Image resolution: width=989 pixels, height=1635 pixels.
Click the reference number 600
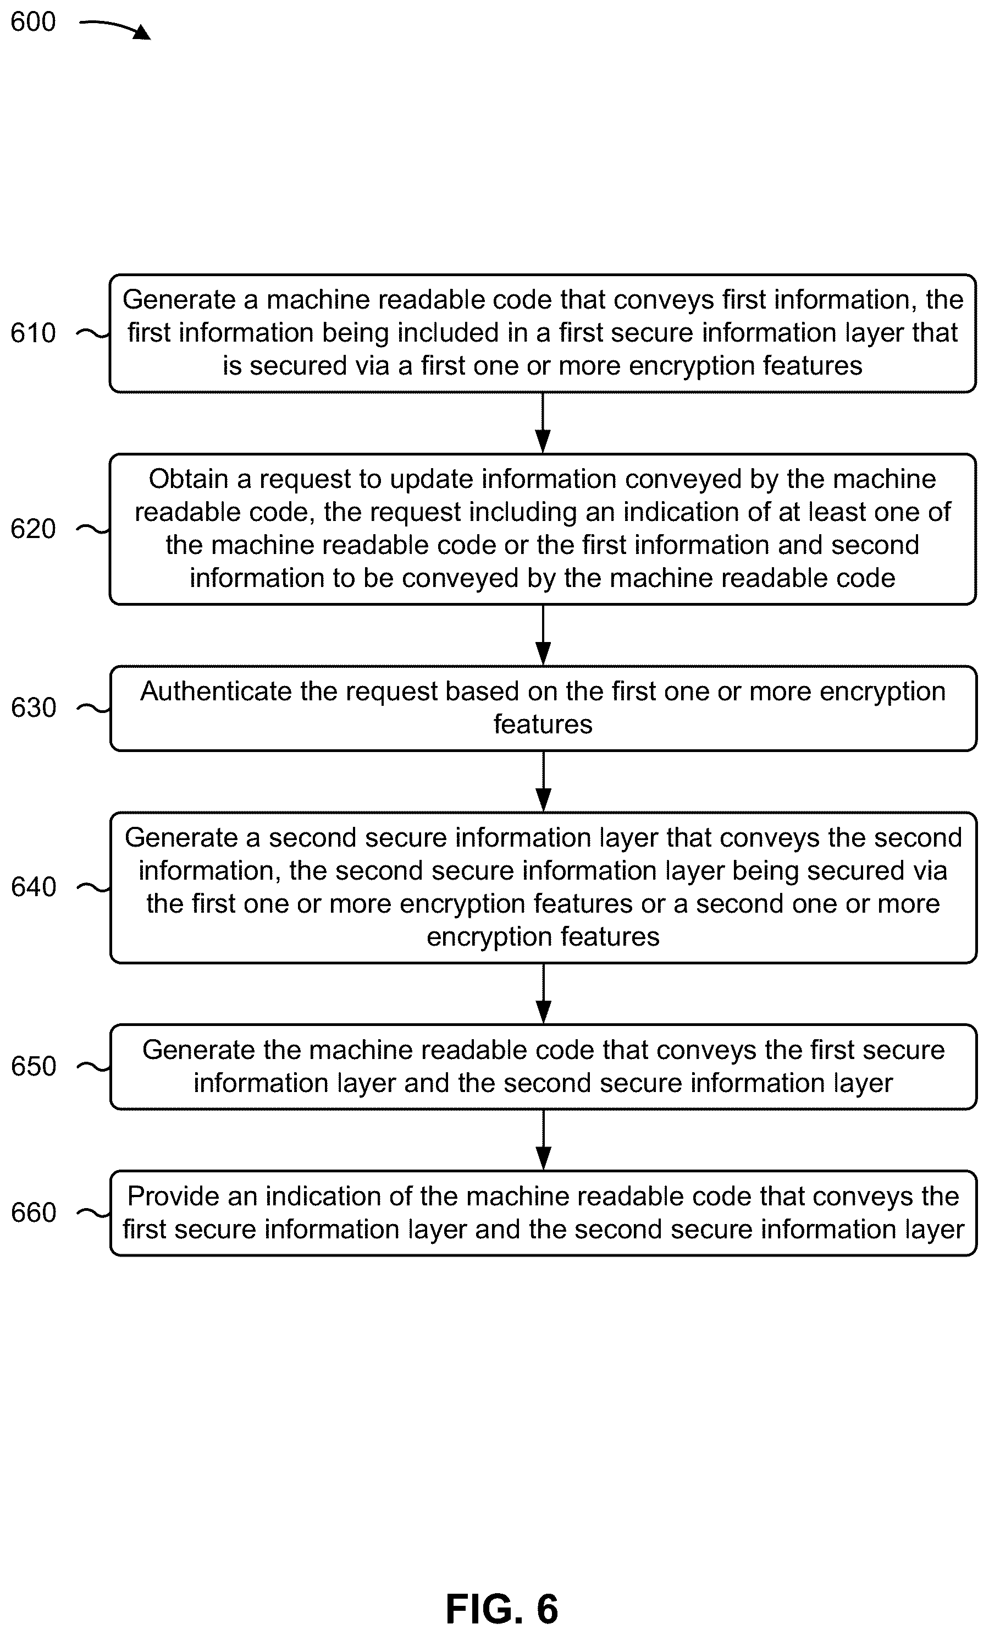(33, 22)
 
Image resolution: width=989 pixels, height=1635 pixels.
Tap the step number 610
(33, 332)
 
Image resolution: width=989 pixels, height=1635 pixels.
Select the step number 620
(33, 529)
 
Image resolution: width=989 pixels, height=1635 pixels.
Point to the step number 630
(33, 708)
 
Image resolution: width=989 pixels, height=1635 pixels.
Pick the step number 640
(33, 887)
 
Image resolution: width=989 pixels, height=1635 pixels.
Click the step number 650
(33, 1066)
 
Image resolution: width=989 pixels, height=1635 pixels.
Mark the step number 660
(33, 1212)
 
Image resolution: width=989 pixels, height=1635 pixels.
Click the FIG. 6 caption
(501, 1609)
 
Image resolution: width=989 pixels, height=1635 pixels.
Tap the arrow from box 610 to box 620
(543, 423)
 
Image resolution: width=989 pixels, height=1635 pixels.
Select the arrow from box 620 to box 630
(543, 635)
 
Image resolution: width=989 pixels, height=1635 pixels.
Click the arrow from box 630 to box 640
(543, 781)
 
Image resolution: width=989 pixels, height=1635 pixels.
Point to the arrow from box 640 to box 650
(543, 994)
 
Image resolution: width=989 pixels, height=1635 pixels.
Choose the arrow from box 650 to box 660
(543, 1139)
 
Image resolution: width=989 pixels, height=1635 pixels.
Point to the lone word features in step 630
(543, 724)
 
